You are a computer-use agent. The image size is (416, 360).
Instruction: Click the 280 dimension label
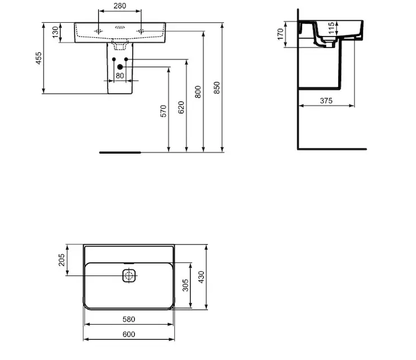click(x=120, y=5)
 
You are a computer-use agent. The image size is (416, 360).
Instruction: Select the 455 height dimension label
click(x=39, y=58)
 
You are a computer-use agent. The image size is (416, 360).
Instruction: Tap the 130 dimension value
click(x=55, y=32)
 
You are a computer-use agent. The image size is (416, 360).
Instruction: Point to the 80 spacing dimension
click(x=120, y=76)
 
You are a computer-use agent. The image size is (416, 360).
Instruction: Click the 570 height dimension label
click(x=164, y=111)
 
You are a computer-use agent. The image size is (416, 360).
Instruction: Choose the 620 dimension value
click(x=181, y=107)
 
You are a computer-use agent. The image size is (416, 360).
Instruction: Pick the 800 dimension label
click(x=198, y=92)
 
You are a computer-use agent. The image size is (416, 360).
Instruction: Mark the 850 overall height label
click(x=217, y=88)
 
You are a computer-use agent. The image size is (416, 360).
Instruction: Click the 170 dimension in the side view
click(x=281, y=34)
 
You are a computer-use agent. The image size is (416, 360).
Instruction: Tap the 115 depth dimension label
click(x=331, y=28)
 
